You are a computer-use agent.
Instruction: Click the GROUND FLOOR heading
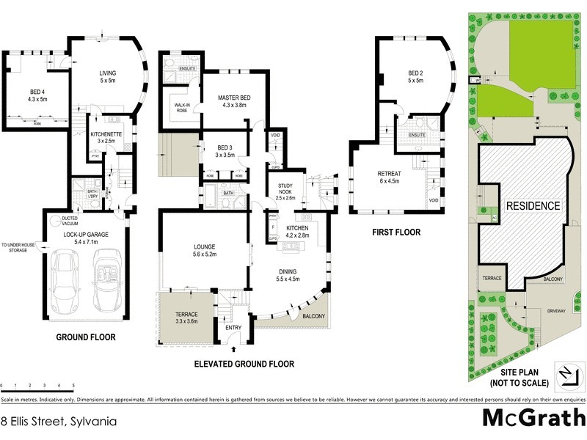point(86,337)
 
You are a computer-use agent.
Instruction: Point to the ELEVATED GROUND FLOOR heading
point(244,364)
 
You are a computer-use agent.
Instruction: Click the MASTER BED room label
point(235,101)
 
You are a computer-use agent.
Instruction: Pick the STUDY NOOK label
point(284,193)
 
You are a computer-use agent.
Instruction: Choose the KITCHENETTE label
point(105,136)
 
